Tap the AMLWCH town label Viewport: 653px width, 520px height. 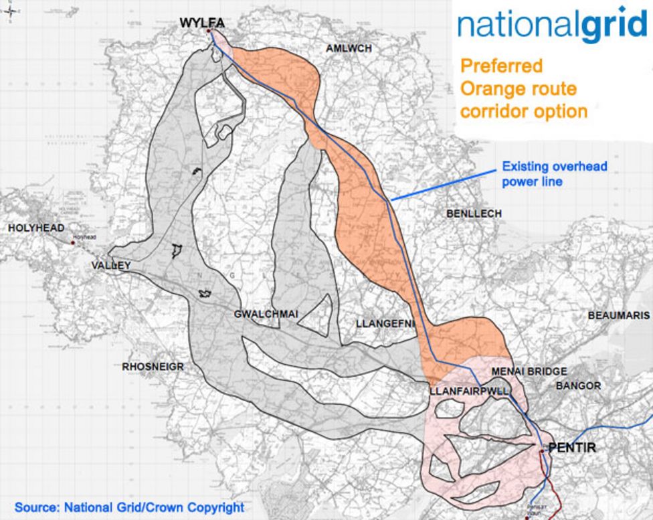coord(348,49)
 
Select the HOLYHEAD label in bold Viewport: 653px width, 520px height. coord(36,228)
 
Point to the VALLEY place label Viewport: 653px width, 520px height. coord(110,266)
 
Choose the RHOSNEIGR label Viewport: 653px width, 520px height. coord(149,367)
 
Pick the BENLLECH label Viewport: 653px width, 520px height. coord(474,213)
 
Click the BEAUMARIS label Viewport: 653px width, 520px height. coord(618,315)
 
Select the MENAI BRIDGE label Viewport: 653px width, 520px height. coord(529,371)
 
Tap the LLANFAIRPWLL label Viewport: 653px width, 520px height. coord(470,389)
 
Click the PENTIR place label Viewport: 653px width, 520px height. coord(571,448)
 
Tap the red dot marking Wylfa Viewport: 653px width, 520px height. coord(209,31)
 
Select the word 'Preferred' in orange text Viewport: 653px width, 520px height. coord(501,66)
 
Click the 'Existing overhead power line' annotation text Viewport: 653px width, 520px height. coord(555,173)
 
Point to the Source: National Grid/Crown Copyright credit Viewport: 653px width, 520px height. coord(129,507)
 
